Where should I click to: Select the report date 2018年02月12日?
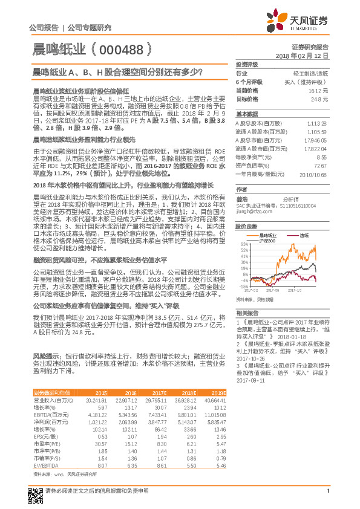click(x=306, y=55)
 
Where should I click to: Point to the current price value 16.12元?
click(x=319, y=89)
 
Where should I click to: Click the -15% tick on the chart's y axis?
click(x=243, y=286)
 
